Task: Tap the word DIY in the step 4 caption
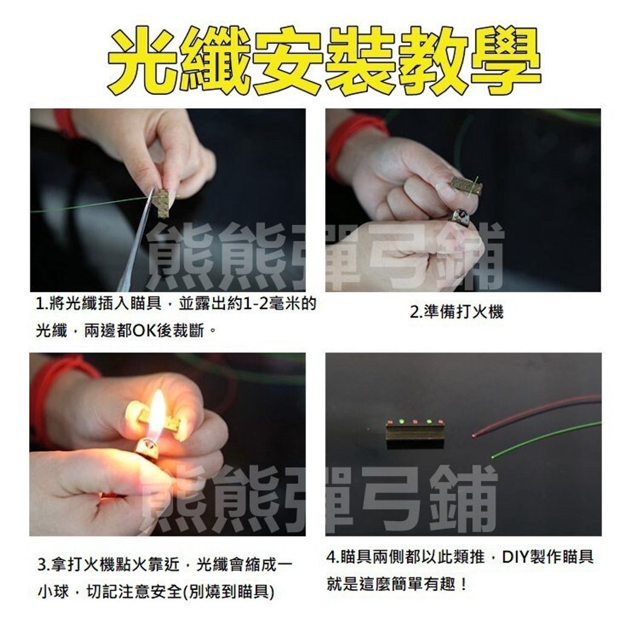click(518, 557)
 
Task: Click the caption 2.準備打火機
click(457, 313)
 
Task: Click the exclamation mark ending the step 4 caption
click(463, 585)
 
